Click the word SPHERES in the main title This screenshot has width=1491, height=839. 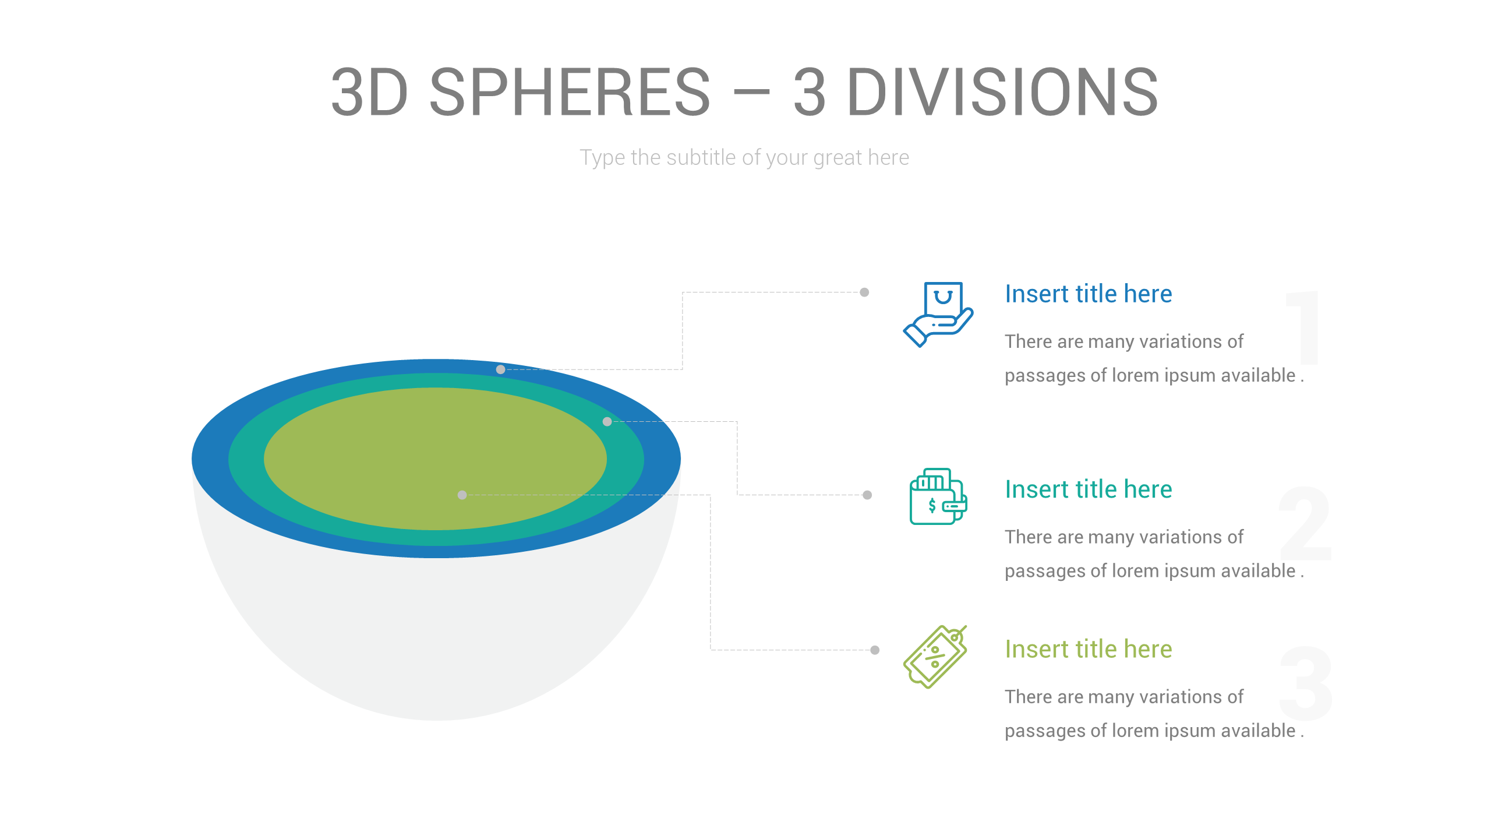point(570,92)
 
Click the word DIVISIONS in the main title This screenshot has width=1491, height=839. point(1002,92)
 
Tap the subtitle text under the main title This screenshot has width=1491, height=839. point(744,158)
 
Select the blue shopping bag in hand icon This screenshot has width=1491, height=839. point(938,314)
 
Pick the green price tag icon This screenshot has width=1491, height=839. point(935,657)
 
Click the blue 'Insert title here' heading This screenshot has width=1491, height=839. point(1088,294)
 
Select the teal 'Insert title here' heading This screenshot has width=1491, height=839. point(1088,489)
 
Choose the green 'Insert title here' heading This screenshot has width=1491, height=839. point(1088,649)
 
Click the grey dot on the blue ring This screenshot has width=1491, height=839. point(500,369)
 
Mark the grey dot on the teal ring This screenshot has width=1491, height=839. point(607,421)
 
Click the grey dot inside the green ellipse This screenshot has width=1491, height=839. point(462,495)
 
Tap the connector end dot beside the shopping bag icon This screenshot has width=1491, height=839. point(864,292)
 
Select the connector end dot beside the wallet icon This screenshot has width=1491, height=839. point(867,495)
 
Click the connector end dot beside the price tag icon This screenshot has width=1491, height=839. point(875,650)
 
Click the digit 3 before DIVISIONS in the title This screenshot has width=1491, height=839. point(810,92)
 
